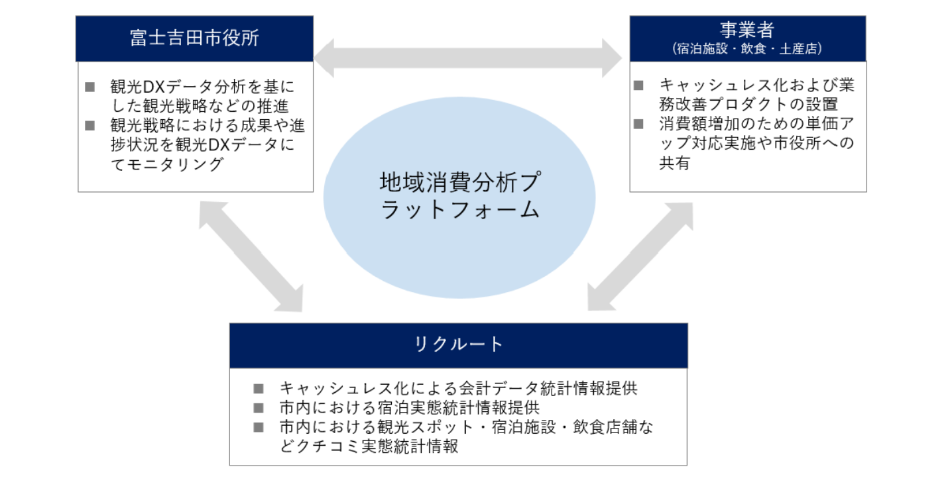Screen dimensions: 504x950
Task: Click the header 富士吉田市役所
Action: click(x=195, y=38)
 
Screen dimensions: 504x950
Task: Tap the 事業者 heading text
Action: click(x=747, y=30)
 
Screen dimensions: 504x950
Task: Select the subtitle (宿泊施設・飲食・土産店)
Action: click(x=747, y=49)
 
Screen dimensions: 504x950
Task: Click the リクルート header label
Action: click(x=458, y=344)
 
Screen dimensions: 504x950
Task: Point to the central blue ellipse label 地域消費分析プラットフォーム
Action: click(x=459, y=196)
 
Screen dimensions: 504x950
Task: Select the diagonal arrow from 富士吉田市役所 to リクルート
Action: click(x=251, y=256)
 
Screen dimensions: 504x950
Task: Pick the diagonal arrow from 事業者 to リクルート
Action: click(x=640, y=256)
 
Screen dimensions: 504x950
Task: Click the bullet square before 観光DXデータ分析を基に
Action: click(x=91, y=87)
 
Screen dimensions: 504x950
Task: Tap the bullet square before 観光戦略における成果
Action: click(x=91, y=125)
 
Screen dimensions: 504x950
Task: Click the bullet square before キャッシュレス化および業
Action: click(x=639, y=85)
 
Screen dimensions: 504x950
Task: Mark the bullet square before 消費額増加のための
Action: click(x=639, y=123)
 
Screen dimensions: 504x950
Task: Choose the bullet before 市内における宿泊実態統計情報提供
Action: click(x=259, y=407)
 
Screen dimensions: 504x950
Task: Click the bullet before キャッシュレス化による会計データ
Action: click(x=259, y=388)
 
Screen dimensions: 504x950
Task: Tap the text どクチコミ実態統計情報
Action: click(x=369, y=446)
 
